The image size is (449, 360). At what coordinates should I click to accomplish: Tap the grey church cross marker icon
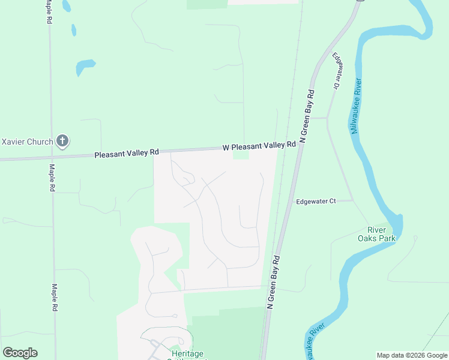click(x=62, y=142)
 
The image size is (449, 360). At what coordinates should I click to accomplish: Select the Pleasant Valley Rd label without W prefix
click(x=126, y=154)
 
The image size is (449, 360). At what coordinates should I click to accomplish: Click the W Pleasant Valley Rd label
click(x=259, y=146)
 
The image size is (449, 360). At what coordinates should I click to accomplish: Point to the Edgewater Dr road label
click(x=337, y=71)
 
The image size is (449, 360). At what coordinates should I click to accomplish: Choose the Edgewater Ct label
click(x=316, y=202)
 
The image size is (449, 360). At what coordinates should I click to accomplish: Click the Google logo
click(x=20, y=353)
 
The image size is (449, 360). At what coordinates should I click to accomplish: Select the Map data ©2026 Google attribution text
click(x=411, y=355)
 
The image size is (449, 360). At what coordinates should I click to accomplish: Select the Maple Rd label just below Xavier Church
click(x=52, y=178)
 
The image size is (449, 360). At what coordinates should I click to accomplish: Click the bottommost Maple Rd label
click(x=55, y=297)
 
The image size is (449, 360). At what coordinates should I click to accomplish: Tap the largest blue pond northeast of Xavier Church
click(x=85, y=67)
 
